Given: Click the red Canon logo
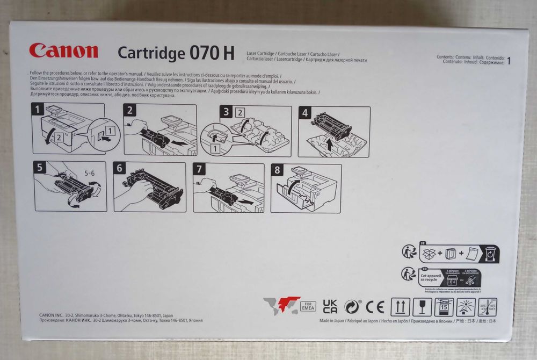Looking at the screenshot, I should tap(63, 51).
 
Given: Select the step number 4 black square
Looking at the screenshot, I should tap(304, 113).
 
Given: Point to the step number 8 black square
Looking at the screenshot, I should tap(277, 169).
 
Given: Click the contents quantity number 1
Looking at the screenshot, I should tap(509, 61).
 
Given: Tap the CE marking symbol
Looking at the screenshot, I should tap(375, 307).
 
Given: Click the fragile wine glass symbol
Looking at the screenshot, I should tap(422, 307).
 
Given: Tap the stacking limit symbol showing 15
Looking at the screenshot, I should tap(444, 307).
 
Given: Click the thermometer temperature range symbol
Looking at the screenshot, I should tap(487, 307).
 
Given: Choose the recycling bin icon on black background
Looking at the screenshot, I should tap(491, 253).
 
